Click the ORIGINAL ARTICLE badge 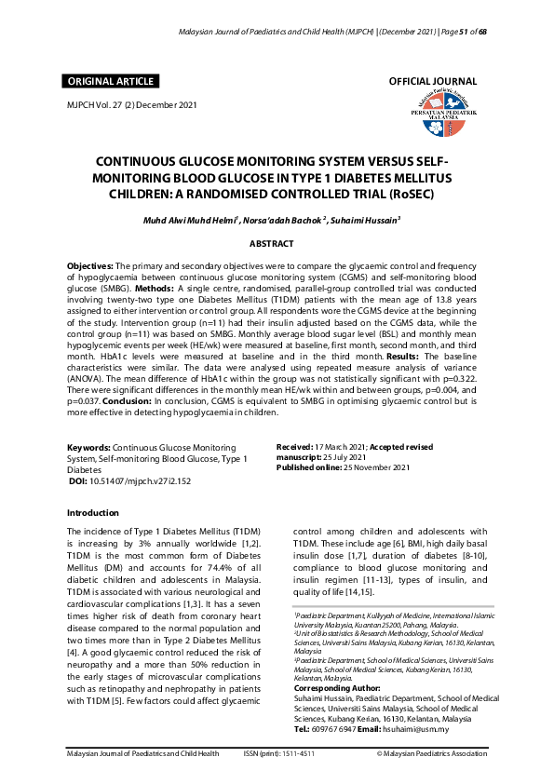[x=108, y=82]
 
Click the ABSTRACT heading [x=272, y=244]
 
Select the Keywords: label [x=90, y=448]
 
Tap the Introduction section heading [x=93, y=512]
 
